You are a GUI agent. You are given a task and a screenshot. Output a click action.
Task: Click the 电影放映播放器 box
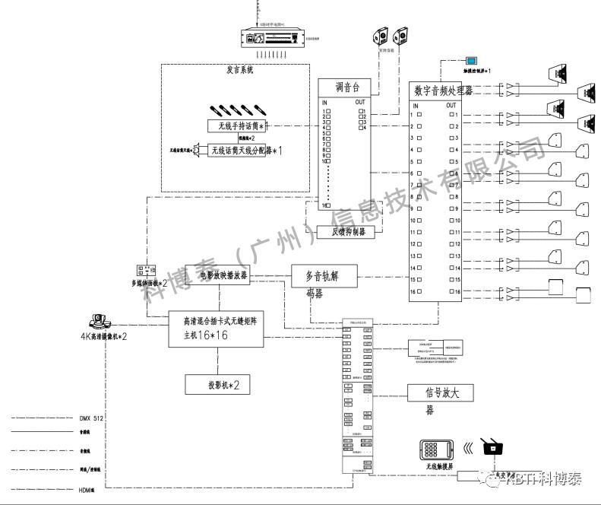click(x=219, y=275)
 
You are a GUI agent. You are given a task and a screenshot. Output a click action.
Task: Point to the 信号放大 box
click(x=441, y=393)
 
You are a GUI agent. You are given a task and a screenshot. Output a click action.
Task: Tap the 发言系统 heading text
click(x=240, y=70)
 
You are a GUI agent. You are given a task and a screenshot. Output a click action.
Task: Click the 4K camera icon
click(x=102, y=321)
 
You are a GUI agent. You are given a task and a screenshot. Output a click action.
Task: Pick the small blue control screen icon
click(x=472, y=59)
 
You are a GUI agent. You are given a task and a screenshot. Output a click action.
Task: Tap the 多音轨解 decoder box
click(x=324, y=275)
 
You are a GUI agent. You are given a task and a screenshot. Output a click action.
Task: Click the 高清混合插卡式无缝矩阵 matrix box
click(x=217, y=329)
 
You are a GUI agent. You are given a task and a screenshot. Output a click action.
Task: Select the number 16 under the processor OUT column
click(x=457, y=292)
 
